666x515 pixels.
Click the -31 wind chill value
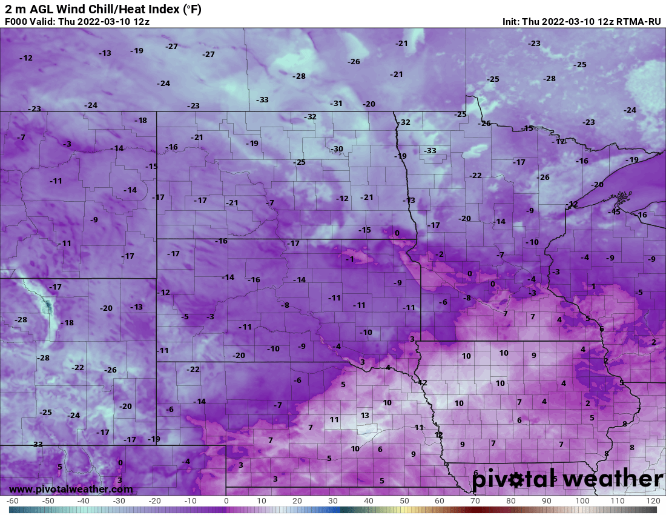tap(336, 104)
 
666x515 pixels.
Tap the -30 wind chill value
tap(337, 149)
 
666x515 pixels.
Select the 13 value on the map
tap(364, 415)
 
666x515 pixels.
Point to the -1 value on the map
tap(349, 259)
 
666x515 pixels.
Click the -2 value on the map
tap(440, 254)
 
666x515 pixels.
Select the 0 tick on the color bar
tap(226, 501)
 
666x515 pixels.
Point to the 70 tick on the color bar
tap(475, 501)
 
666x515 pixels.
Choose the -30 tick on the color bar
tap(119, 501)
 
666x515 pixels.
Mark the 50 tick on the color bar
tap(404, 501)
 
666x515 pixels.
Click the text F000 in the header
tap(15, 21)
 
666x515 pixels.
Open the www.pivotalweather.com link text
tap(71, 489)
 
